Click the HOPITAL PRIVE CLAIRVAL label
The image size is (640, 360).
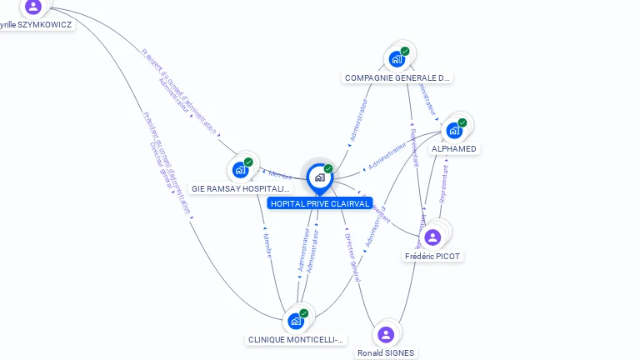coord(319,203)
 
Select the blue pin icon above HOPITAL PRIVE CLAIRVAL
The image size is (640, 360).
coord(319,177)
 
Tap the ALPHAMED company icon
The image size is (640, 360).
coord(454,130)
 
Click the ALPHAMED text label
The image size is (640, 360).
coord(454,149)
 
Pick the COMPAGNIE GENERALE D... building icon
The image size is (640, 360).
coord(397,58)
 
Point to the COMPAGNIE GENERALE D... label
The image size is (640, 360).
coord(397,78)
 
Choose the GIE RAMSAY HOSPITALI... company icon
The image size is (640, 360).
coord(240,169)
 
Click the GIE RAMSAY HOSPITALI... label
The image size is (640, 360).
coord(242,189)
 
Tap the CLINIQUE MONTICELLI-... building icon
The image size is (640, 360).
coord(295,321)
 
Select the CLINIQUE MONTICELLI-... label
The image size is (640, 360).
coord(296,340)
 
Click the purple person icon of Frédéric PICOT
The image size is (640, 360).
coord(432,237)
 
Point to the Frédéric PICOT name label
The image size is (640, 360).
coord(432,257)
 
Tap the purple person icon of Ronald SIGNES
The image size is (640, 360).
coord(385,334)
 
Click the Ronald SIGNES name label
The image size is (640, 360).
coord(386,353)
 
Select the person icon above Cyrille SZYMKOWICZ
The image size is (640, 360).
coord(33,7)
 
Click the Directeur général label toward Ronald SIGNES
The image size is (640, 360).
coord(352,258)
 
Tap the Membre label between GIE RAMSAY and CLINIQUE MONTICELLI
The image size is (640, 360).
coord(267,246)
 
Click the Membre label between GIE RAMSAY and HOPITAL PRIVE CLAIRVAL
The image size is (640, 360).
coord(280,175)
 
